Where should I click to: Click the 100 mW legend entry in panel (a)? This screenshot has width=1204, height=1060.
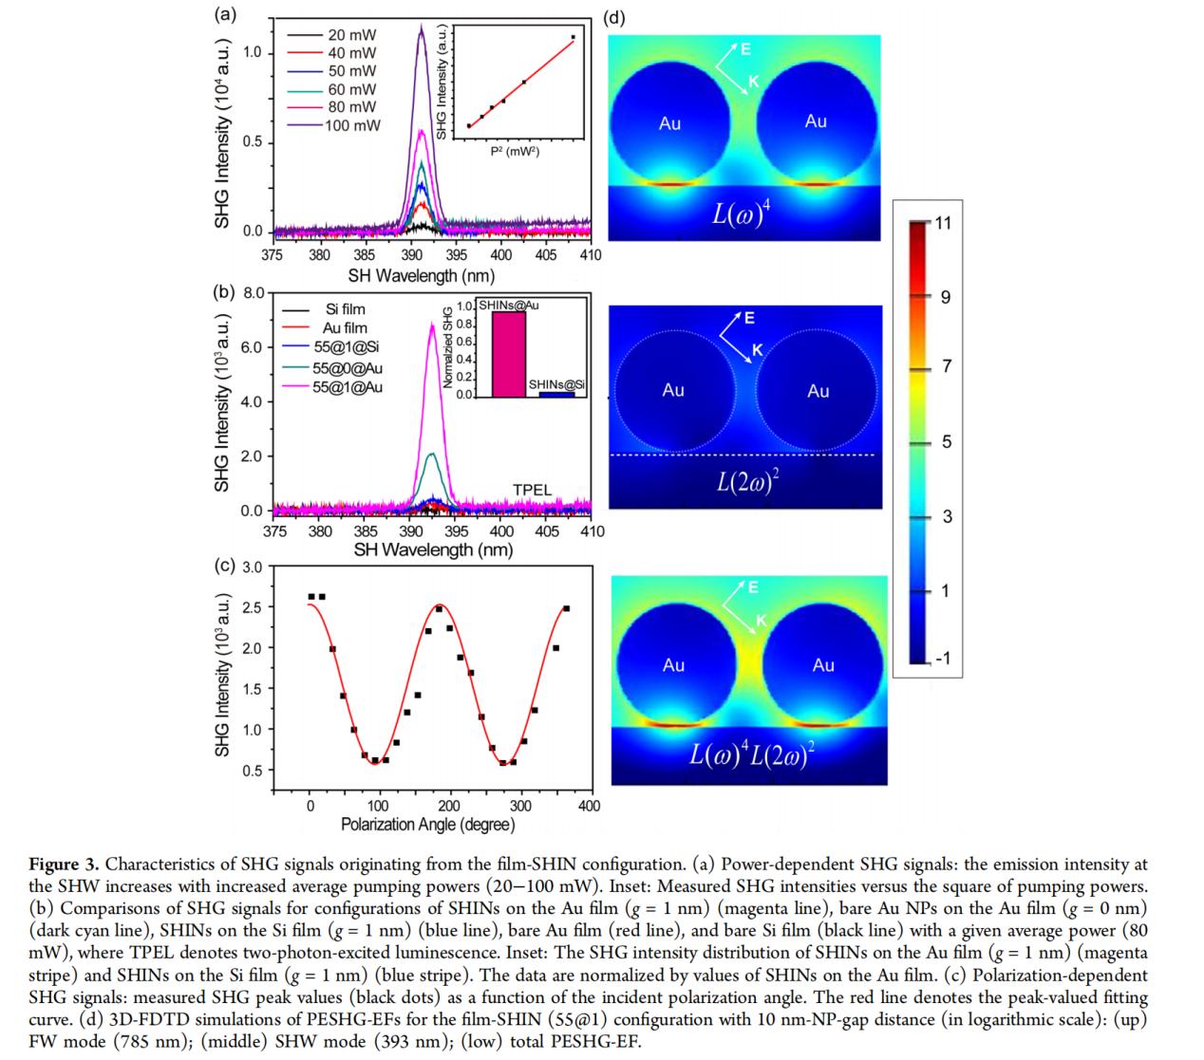click(x=352, y=125)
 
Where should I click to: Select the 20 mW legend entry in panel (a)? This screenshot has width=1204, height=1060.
click(x=351, y=35)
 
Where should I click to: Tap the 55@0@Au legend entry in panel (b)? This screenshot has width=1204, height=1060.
click(x=348, y=367)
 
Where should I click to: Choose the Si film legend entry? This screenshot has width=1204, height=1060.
click(x=345, y=309)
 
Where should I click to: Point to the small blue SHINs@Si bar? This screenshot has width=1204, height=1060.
click(x=550, y=393)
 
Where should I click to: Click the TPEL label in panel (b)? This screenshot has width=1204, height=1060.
click(x=532, y=490)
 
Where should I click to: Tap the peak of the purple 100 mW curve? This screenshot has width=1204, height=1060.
click(x=421, y=27)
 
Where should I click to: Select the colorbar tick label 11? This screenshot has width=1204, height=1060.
click(x=944, y=223)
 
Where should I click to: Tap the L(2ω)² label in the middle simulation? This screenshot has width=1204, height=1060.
click(x=746, y=483)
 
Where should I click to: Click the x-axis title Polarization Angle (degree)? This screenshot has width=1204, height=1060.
click(x=428, y=825)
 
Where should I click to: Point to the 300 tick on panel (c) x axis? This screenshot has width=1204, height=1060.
click(x=520, y=807)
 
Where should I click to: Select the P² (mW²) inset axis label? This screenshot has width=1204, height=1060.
click(x=516, y=152)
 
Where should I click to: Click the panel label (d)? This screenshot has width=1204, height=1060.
click(x=614, y=17)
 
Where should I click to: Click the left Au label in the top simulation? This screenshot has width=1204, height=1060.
click(x=669, y=123)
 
